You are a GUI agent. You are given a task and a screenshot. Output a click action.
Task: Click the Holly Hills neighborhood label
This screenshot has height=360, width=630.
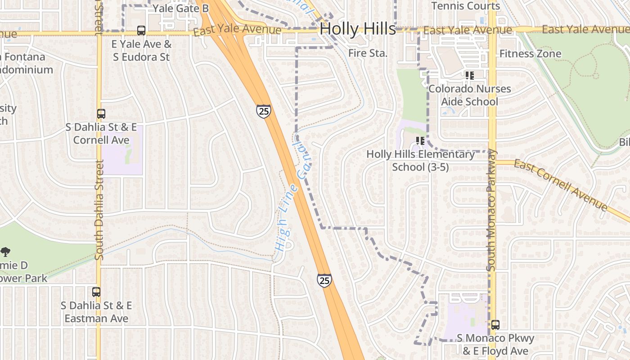[358, 29]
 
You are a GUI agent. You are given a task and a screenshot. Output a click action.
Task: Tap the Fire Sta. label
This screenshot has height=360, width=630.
[368, 53]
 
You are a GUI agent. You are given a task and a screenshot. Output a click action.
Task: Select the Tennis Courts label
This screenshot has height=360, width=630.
[466, 6]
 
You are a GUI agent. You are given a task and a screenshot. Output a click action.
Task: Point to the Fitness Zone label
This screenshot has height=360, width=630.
[530, 54]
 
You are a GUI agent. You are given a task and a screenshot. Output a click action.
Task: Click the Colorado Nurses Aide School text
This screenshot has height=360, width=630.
[469, 95]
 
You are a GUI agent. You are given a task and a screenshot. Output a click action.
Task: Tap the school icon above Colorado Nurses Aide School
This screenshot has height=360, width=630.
[470, 76]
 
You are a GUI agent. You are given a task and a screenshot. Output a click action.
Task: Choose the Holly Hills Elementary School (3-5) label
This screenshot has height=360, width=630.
[420, 161]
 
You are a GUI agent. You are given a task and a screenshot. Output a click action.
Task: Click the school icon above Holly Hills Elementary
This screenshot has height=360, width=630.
[420, 141]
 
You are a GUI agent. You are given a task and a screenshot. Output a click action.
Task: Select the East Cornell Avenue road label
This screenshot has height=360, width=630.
[561, 184]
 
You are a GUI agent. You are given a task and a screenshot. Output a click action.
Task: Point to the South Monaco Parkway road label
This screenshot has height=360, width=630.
[491, 210]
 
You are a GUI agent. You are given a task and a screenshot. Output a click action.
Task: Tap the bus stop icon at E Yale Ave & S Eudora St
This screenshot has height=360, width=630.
[141, 31]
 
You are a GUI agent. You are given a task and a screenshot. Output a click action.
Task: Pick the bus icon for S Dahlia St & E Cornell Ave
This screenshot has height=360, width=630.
[101, 114]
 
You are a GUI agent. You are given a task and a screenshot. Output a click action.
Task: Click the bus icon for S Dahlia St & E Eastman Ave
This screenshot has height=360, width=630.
[96, 292]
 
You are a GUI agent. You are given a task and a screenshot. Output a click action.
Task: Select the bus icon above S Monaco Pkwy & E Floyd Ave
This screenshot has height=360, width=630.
[495, 324]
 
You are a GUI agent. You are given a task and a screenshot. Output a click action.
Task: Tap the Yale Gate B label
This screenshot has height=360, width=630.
[180, 9]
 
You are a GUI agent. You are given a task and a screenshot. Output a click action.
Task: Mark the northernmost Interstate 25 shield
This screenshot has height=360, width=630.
[264, 111]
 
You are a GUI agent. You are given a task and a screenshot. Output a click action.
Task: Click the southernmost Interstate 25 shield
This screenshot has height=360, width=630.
[324, 280]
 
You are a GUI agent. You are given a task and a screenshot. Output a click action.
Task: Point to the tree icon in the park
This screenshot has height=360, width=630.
[5, 252]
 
